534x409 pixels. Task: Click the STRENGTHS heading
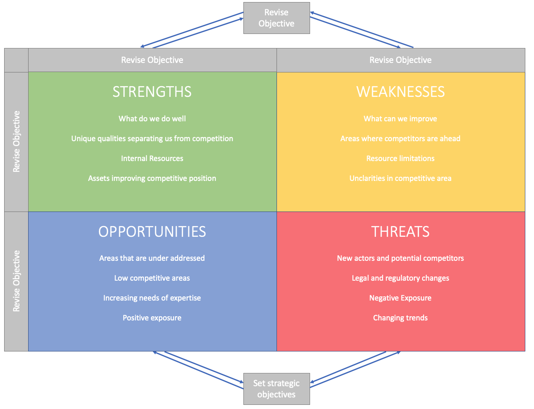pos(152,91)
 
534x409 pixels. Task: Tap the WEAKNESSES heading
pos(400,91)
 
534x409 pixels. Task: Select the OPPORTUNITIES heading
pos(152,231)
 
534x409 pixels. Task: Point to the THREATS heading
pos(400,231)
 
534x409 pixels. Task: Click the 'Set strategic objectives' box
pos(277,389)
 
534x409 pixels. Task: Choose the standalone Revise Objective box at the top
pos(277,18)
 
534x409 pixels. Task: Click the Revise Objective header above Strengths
pos(152,60)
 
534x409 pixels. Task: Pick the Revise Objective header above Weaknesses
pos(400,60)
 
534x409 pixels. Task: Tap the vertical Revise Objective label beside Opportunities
pos(16,281)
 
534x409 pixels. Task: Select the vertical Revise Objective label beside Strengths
pos(16,142)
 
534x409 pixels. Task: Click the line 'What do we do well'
pos(152,119)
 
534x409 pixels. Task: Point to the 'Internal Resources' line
pos(152,159)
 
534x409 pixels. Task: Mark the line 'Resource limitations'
pos(400,159)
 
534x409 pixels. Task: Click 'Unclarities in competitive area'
pos(400,178)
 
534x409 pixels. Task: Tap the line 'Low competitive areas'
pos(152,278)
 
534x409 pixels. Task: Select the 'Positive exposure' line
pos(152,318)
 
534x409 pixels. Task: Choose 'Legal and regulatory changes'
pos(400,278)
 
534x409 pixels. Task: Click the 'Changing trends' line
pos(400,318)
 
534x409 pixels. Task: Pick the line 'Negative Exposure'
pos(400,298)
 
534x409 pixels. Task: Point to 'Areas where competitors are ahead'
pos(400,139)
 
